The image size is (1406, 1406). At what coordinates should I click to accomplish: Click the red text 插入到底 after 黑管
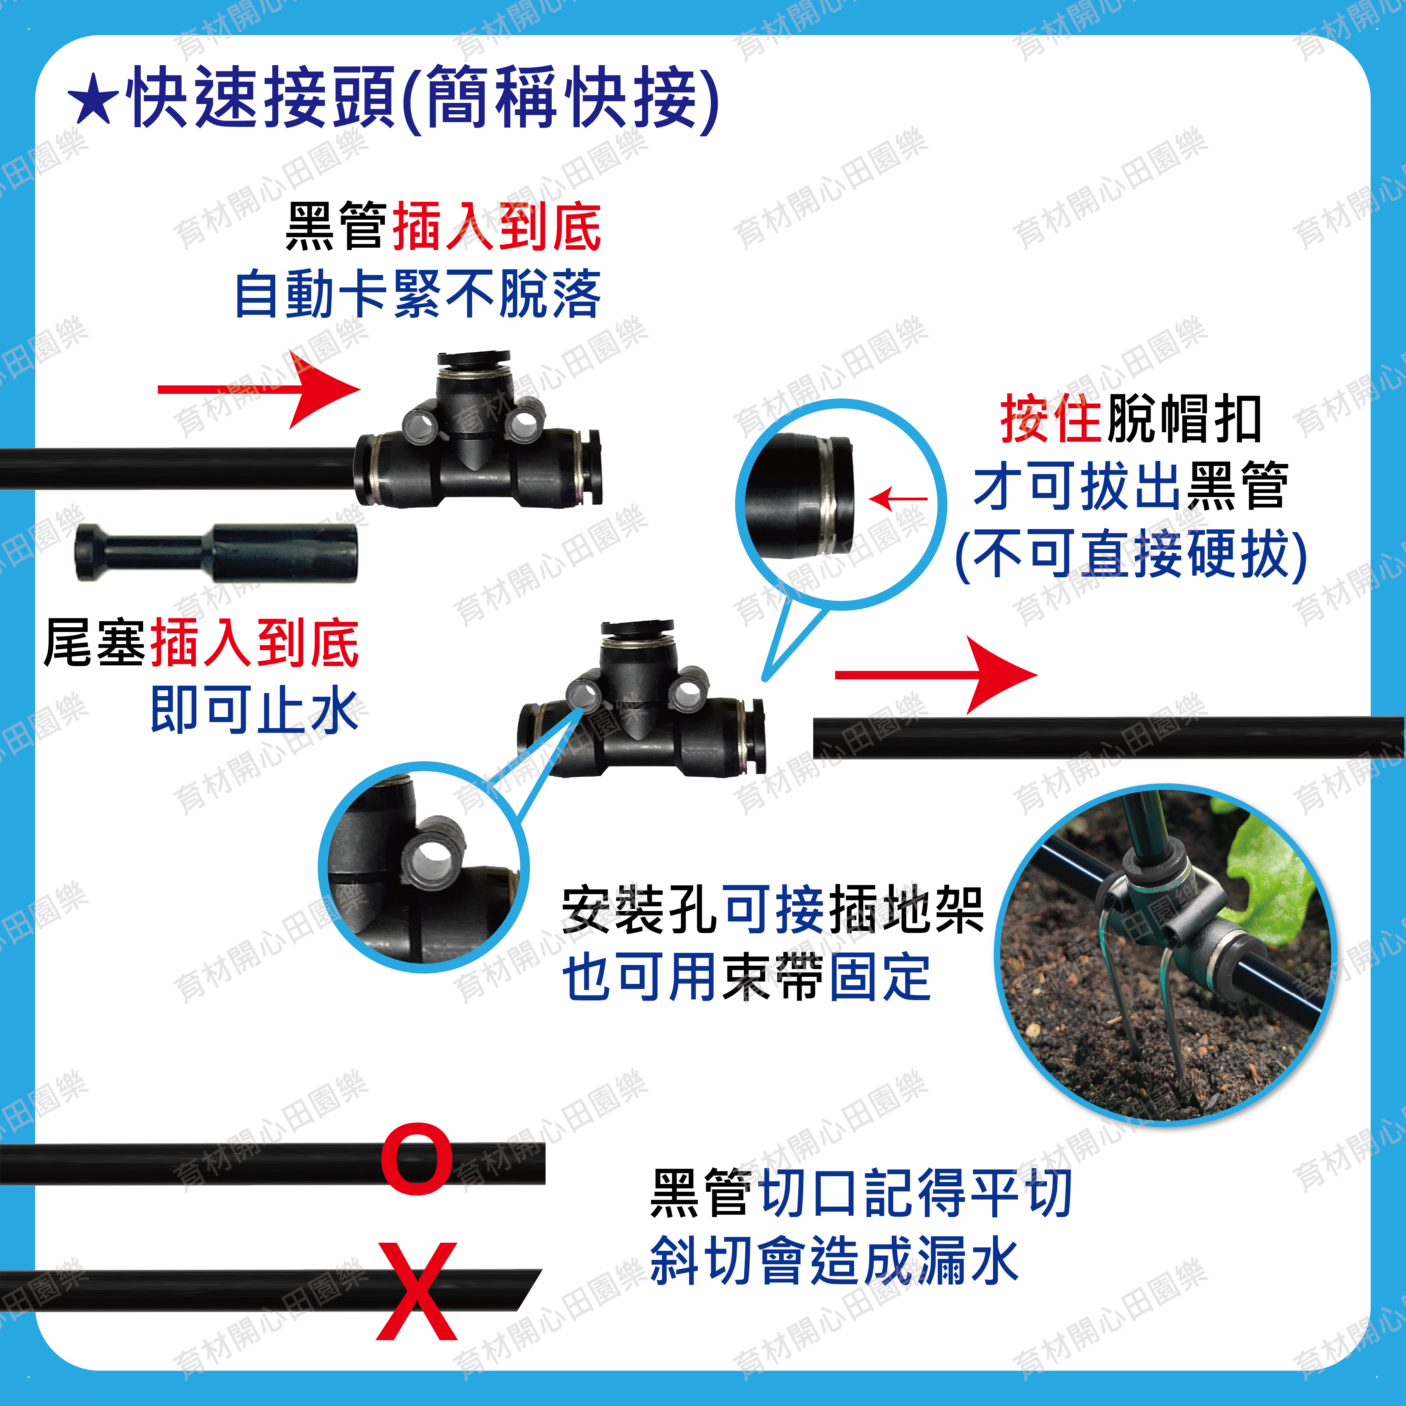coord(497,226)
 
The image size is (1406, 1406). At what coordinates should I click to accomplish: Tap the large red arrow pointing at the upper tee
coord(259,389)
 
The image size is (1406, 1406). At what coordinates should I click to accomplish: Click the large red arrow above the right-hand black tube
coord(936,674)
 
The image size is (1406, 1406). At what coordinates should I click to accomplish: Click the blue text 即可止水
coord(254,710)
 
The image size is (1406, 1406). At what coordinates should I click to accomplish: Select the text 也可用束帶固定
coord(747,977)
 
